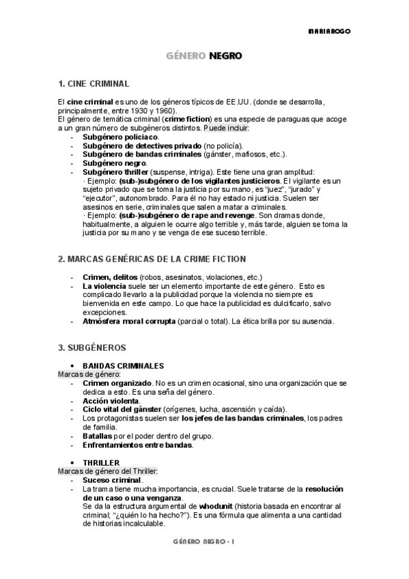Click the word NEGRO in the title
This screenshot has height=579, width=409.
pyautogui.click(x=225, y=56)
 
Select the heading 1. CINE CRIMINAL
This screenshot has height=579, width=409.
pyautogui.click(x=94, y=84)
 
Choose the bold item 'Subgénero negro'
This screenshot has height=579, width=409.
pyautogui.click(x=114, y=163)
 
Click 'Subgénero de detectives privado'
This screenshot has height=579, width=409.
pyautogui.click(x=141, y=145)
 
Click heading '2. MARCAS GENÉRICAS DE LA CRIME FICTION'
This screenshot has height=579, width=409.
pyautogui.click(x=152, y=259)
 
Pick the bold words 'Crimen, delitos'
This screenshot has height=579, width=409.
pyautogui.click(x=109, y=277)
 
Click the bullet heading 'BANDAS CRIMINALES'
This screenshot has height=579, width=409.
pyautogui.click(x=123, y=366)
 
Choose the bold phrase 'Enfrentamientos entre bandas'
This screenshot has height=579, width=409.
pyautogui.click(x=137, y=445)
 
